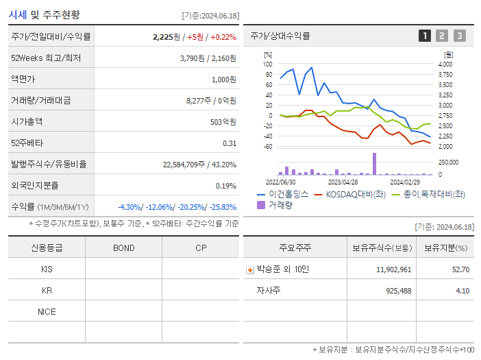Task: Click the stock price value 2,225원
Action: [168, 37]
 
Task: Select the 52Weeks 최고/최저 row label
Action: [46, 58]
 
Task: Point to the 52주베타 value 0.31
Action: [229, 143]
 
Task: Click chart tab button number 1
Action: [425, 36]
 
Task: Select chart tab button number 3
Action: [459, 36]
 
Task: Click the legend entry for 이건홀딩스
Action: [284, 194]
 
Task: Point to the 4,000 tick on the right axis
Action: [445, 64]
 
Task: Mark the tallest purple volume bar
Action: [374, 164]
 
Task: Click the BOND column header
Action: [123, 248]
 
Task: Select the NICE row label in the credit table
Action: [47, 312]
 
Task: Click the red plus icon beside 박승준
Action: [250, 270]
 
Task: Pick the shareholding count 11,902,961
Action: [394, 269]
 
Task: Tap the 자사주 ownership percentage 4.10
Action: [463, 291]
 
